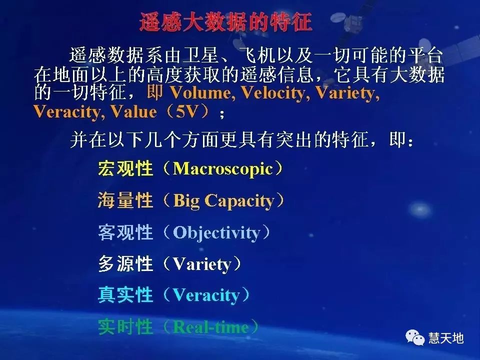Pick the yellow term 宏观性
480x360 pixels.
click(x=125, y=168)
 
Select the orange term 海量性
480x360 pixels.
click(x=125, y=200)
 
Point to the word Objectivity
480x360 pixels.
click(x=216, y=232)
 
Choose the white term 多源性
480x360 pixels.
click(x=125, y=264)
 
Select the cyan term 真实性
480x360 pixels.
click(x=125, y=295)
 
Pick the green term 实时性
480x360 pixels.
click(x=125, y=327)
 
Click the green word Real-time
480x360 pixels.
click(x=210, y=327)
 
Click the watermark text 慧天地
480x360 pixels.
click(x=446, y=338)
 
